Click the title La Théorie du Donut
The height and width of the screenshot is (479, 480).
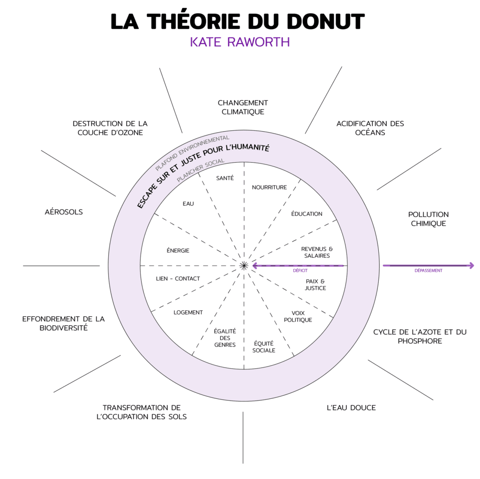point(237,22)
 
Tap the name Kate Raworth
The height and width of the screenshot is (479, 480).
point(240,42)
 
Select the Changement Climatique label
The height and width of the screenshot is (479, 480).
point(243,107)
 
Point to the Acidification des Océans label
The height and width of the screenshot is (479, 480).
point(370,128)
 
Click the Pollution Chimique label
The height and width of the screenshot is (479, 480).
point(428,219)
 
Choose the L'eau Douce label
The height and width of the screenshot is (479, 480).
point(351,408)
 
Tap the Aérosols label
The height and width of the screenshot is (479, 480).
point(64,212)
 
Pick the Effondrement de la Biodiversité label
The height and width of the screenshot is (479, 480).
point(64,323)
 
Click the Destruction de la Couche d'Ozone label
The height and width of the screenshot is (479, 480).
point(110,128)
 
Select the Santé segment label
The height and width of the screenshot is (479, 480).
point(225,178)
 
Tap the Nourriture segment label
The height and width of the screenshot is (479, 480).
point(269,187)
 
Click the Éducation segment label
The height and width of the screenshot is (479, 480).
point(307,214)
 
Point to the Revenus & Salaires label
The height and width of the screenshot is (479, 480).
point(316,252)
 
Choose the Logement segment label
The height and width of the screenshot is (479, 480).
point(188,312)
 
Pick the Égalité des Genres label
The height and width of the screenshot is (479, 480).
point(225,338)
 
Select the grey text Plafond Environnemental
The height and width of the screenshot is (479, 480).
point(192,153)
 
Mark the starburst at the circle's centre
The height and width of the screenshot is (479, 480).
point(244,266)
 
